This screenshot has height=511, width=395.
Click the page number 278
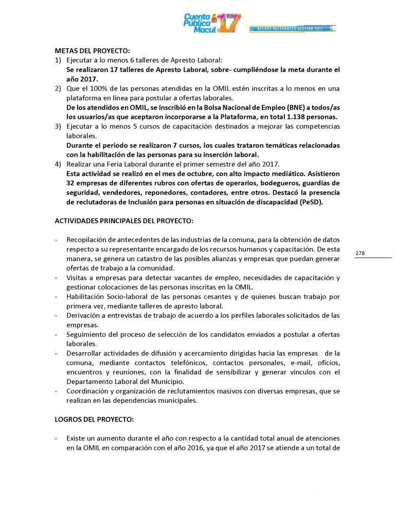pos(360,253)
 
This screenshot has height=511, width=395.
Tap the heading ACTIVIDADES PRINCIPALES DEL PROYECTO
pos(124,221)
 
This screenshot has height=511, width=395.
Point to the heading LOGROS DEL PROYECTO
pos(94,419)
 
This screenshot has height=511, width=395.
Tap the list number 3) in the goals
pos(59,126)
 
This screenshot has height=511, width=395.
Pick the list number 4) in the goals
pos(59,164)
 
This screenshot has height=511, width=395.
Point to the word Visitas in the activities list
pos(77,278)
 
